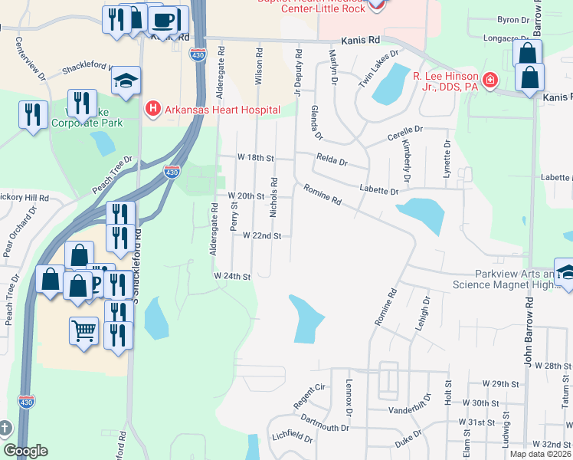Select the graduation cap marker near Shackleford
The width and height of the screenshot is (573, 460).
coord(126,80)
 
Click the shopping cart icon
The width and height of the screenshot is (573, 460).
coord(84,331)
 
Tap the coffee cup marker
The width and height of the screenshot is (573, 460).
coord(163,19)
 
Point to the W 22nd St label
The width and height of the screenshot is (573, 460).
coord(263,235)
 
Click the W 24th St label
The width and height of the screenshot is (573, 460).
coord(232,275)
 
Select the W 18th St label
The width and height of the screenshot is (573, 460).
coord(255,157)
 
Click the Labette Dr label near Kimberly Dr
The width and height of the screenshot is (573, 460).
coord(379,191)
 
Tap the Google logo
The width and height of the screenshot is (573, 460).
coord(25,451)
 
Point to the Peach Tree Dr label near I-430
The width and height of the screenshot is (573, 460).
coord(112,175)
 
